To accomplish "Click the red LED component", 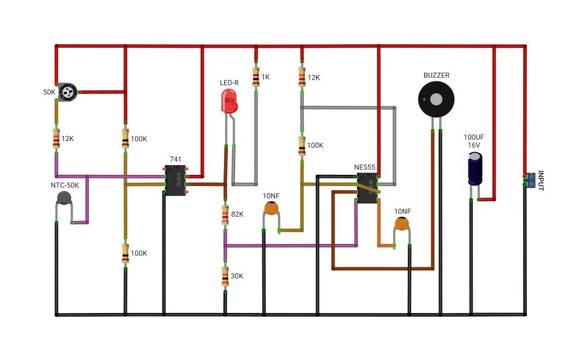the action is tap(229, 102).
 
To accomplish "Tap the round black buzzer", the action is tap(436, 100).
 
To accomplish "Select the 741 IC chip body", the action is tap(176, 181).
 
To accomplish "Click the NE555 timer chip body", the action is tap(367, 188).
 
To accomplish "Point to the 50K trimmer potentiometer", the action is tap(68, 92).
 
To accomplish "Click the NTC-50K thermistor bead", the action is tap(64, 198).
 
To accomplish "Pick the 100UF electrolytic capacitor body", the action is tap(475, 168).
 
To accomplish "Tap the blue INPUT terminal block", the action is tap(530, 181).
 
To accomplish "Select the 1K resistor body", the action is tap(256, 77).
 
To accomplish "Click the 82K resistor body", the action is tap(225, 215).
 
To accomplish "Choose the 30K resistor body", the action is tap(225, 276).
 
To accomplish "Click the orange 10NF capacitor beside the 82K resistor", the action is tap(271, 209).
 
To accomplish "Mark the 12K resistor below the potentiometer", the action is tap(57, 138).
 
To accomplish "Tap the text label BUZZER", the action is tap(437, 76).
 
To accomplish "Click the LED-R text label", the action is tap(229, 82).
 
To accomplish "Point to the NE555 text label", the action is tap(365, 168).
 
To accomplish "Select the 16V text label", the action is tap(473, 145).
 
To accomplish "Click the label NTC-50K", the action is tap(65, 185).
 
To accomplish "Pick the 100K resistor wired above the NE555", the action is tap(302, 146).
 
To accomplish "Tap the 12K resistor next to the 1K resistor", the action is tap(302, 77).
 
